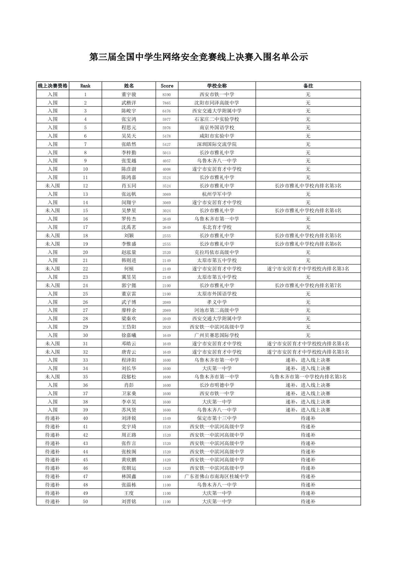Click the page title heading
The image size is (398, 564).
[199, 57]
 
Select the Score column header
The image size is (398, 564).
[167, 86]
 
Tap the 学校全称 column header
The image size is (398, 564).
[217, 86]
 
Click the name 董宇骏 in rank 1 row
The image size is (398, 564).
[129, 95]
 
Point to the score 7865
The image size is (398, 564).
[167, 103]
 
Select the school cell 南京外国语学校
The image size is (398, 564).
[217, 128]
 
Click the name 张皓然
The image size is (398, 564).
[129, 144]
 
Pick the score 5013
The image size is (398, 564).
[167, 153]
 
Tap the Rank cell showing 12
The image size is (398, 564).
[85, 186]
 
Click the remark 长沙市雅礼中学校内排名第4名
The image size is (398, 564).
[308, 211]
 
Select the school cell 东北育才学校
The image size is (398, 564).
[217, 227]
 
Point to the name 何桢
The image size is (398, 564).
[129, 269]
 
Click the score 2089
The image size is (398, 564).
[167, 302]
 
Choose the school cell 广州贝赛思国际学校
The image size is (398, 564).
[217, 335]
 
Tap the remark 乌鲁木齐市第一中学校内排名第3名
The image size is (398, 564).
[308, 377]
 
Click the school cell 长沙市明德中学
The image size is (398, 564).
[217, 385]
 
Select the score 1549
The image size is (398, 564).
[167, 418]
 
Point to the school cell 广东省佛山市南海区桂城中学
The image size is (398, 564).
[217, 477]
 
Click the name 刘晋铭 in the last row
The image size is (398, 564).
[129, 502]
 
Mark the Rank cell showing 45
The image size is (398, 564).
[85, 460]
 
